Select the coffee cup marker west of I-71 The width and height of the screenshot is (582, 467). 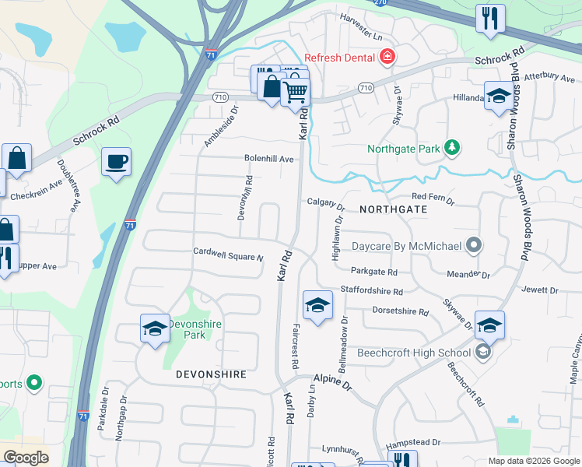[x=116, y=162]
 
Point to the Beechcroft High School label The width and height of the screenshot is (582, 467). [x=414, y=353]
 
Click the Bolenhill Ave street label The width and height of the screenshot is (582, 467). [x=269, y=159]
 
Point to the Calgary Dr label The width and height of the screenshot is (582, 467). [x=325, y=203]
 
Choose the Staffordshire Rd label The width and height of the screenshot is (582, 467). [x=371, y=292]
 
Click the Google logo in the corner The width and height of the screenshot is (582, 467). [x=26, y=458]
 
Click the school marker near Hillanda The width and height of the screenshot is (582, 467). [x=498, y=97]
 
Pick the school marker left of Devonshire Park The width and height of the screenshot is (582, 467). [x=155, y=328]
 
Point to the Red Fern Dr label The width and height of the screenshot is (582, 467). [x=432, y=199]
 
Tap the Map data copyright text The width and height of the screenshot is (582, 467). [x=533, y=461]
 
